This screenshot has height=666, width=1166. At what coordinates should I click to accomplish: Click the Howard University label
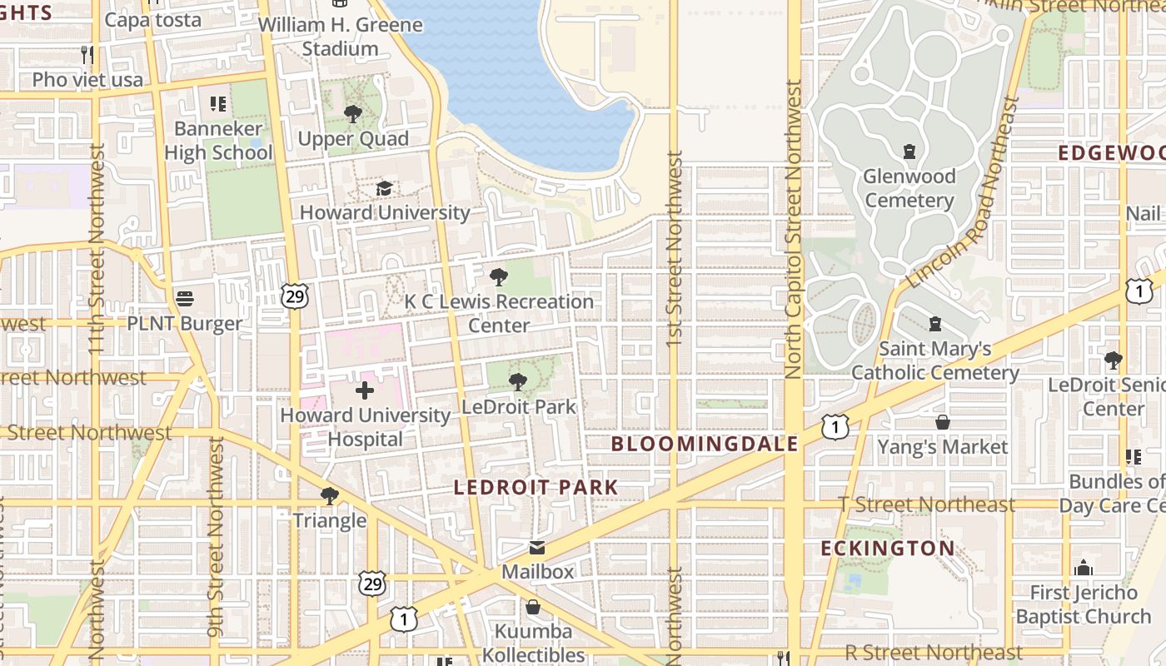pos(385,212)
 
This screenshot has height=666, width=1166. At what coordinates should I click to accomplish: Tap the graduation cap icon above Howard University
pos(384,189)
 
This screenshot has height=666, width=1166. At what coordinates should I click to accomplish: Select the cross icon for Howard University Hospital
pos(365,390)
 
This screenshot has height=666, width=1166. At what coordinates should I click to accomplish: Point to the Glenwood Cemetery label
pos(909,189)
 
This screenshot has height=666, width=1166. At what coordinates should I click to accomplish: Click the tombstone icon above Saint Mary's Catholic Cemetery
pos(935,324)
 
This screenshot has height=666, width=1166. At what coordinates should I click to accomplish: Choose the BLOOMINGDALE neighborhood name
pos(705,444)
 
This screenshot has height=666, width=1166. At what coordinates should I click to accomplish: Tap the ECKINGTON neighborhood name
pos(888,549)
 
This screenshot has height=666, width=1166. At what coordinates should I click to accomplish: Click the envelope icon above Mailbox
pos(537,548)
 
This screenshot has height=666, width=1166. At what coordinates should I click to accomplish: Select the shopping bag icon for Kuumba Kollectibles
pos(533,607)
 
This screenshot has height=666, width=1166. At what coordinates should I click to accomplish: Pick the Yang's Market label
pos(942,447)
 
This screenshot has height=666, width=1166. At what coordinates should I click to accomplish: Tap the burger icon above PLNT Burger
pos(185,298)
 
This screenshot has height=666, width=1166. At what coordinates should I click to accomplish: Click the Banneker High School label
pos(218,141)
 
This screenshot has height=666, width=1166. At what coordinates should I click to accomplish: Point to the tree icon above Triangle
pos(330,496)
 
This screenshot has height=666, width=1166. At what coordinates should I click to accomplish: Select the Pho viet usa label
pos(87,80)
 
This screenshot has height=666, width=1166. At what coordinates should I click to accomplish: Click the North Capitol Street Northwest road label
pos(793,229)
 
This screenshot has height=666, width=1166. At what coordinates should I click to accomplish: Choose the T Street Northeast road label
pos(927,504)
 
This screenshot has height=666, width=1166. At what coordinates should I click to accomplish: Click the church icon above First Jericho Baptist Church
pos(1083,568)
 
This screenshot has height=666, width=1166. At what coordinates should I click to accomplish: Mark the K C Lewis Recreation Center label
pos(499,313)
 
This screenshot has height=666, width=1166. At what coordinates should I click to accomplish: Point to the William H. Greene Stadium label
pos(340,37)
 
